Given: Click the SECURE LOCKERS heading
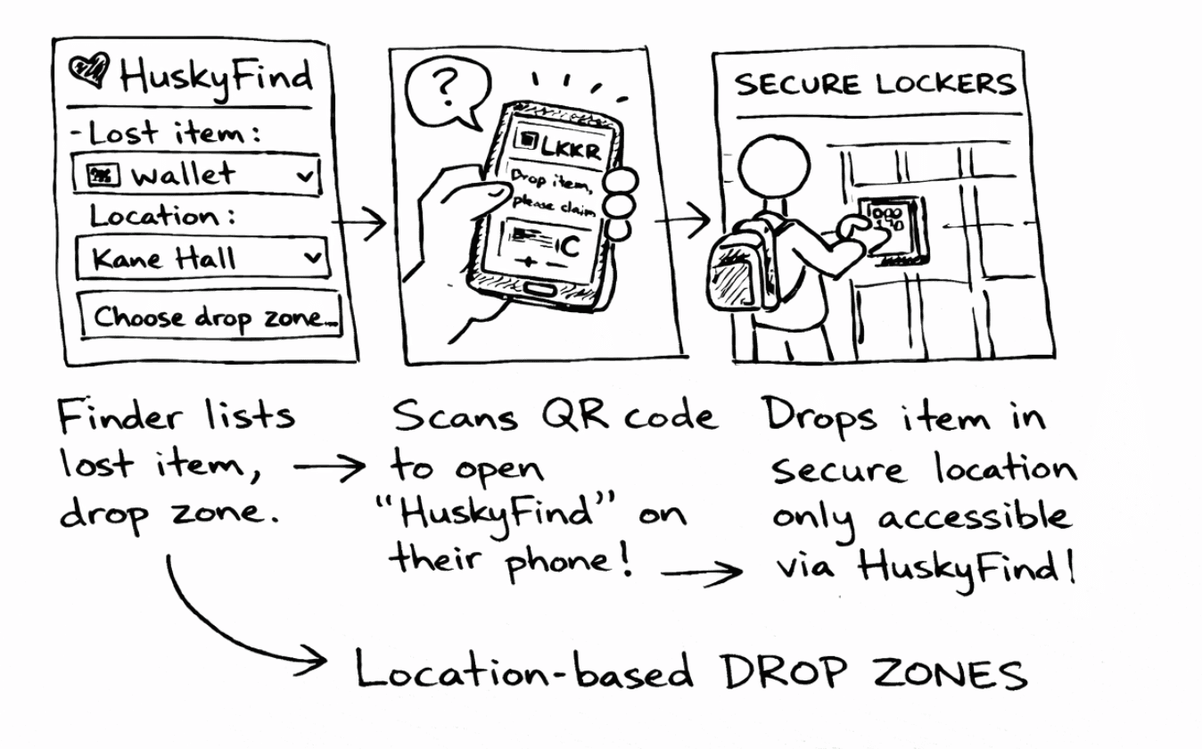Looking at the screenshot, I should click(873, 85).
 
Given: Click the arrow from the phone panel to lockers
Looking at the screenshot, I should click(687, 218).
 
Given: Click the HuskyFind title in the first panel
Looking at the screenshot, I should click(216, 75).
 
